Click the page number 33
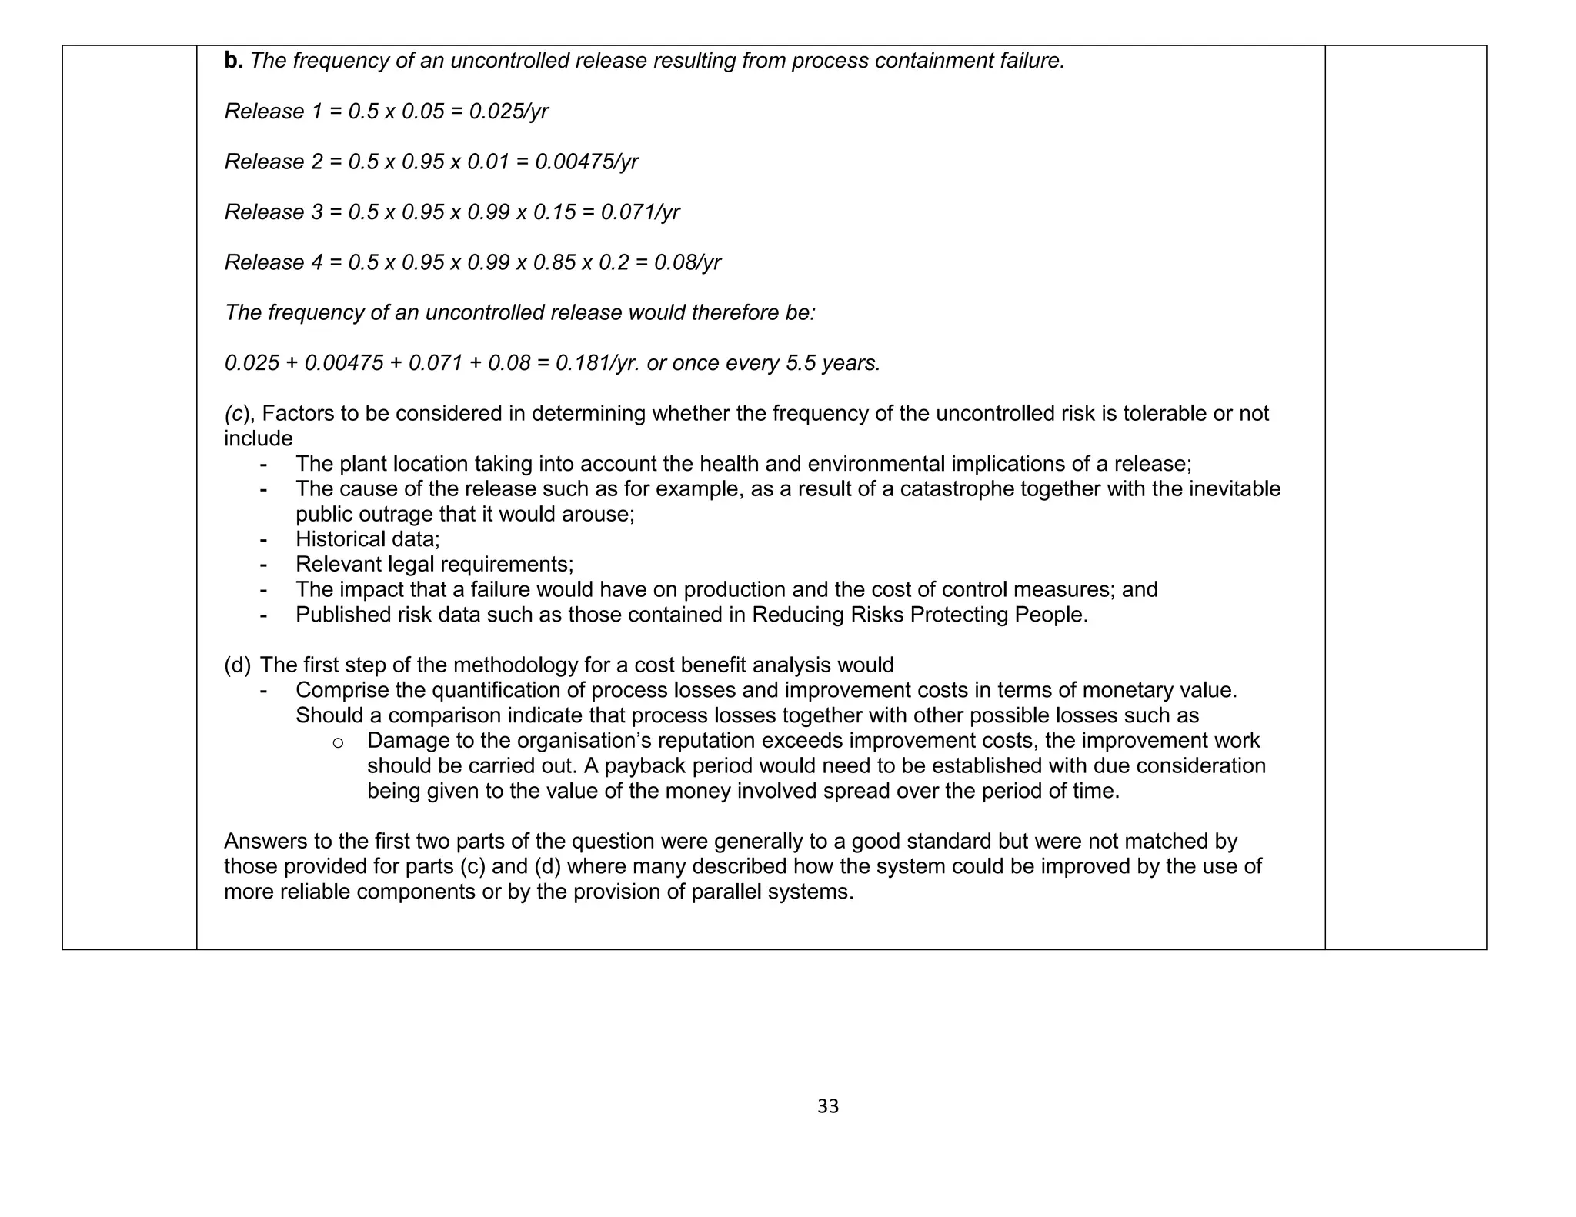[827, 1106]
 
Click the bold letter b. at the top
[233, 61]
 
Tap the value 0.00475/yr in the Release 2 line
[586, 162]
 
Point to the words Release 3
[273, 212]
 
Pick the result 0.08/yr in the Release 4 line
[687, 263]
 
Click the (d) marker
[237, 665]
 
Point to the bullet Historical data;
[367, 539]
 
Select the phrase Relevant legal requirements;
[434, 565]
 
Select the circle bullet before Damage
[337, 742]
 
